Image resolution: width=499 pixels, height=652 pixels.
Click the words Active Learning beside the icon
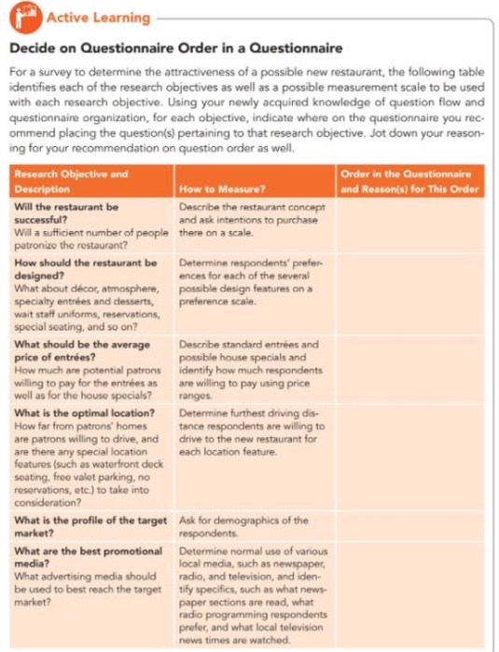pyautogui.click(x=98, y=18)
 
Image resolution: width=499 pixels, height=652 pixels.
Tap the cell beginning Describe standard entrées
pyautogui.click(x=248, y=370)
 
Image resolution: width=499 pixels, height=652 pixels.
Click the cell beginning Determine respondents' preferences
pyautogui.click(x=248, y=282)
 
